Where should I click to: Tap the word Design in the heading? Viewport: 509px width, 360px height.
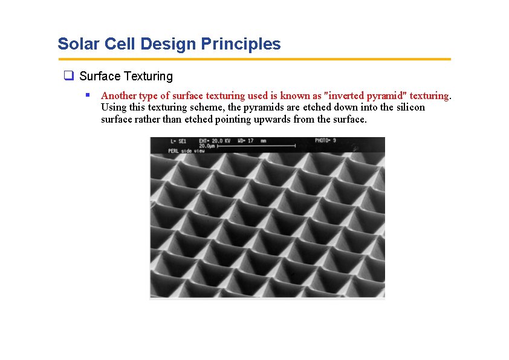pyautogui.click(x=171, y=44)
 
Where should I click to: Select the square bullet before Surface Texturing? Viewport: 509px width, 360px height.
pyautogui.click(x=69, y=76)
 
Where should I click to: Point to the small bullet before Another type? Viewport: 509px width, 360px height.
pyautogui.click(x=88, y=95)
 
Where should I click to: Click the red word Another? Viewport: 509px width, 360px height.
pyautogui.click(x=118, y=95)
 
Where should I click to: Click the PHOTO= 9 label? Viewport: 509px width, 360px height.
pyautogui.click(x=325, y=141)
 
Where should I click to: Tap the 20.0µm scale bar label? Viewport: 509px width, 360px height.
pyautogui.click(x=208, y=146)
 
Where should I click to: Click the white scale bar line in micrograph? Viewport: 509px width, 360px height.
pyautogui.click(x=256, y=146)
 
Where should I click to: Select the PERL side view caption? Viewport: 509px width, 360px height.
pyautogui.click(x=184, y=150)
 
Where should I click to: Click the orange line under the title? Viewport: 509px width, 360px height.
pyautogui.click(x=254, y=59)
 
